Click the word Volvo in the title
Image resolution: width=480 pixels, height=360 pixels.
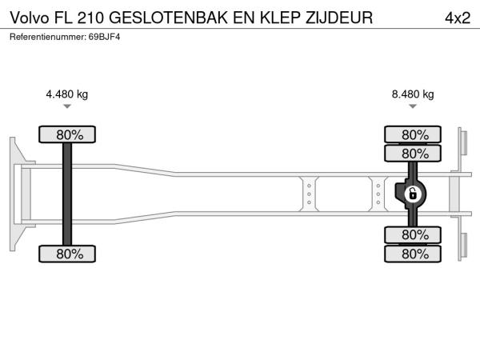coord(30,18)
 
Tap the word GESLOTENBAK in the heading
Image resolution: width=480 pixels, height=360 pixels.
coord(168,18)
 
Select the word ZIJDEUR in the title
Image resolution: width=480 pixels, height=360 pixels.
coord(339,18)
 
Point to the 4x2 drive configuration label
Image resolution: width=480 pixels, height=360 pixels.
coord(458,18)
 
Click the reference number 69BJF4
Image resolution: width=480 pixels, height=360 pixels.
coord(104,37)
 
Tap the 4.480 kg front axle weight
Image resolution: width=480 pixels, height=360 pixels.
coord(66,94)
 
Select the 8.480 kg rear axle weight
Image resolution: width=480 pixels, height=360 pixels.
coord(413,94)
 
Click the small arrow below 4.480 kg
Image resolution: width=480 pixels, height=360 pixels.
coord(67,106)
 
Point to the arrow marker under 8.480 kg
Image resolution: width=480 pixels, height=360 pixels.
coord(413,106)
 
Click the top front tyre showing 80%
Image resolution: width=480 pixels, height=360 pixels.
coord(67,134)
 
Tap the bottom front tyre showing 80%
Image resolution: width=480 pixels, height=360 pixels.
coord(67,254)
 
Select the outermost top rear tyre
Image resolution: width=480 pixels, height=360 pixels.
coord(413,134)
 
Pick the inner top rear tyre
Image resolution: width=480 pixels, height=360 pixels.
coord(413,154)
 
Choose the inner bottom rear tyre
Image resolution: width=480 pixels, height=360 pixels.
coord(413,234)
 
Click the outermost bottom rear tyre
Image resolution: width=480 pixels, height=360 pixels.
coord(413,254)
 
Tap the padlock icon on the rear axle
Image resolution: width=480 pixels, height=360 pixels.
coord(413,194)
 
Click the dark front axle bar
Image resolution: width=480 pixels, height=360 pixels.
coord(67,194)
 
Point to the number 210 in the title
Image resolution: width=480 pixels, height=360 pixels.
coord(90,18)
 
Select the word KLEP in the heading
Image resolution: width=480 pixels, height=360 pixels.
coord(280,18)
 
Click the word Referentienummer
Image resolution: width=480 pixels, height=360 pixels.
coord(48,37)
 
